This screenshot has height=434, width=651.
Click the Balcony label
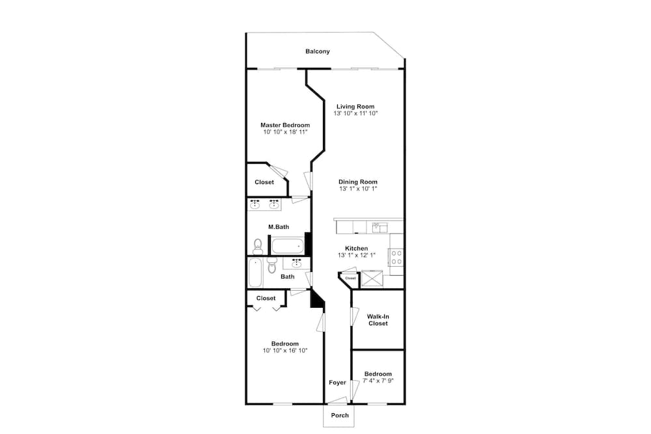(318, 51)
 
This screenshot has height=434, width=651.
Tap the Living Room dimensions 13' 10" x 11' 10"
(355, 113)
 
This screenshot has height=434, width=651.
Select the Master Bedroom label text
(284, 125)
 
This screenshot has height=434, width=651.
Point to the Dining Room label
(357, 182)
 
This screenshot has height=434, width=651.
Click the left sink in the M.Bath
(255, 206)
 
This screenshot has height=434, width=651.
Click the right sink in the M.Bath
(274, 206)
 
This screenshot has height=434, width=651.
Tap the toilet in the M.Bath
(258, 246)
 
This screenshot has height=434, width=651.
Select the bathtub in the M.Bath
(287, 246)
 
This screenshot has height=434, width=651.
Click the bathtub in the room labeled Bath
(255, 273)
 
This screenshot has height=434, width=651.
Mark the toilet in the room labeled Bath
(272, 265)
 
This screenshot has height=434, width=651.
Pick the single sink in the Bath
(297, 263)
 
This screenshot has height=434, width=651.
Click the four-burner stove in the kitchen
(396, 257)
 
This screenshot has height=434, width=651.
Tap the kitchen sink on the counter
(379, 227)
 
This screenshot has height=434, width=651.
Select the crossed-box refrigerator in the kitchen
(374, 278)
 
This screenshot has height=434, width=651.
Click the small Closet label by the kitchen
(350, 278)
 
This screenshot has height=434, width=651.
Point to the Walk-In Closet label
(378, 320)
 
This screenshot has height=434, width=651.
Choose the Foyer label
(337, 383)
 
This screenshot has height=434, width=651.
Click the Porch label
(339, 415)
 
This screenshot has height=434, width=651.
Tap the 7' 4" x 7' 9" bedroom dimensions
(378, 381)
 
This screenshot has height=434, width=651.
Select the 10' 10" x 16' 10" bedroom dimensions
(284, 350)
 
